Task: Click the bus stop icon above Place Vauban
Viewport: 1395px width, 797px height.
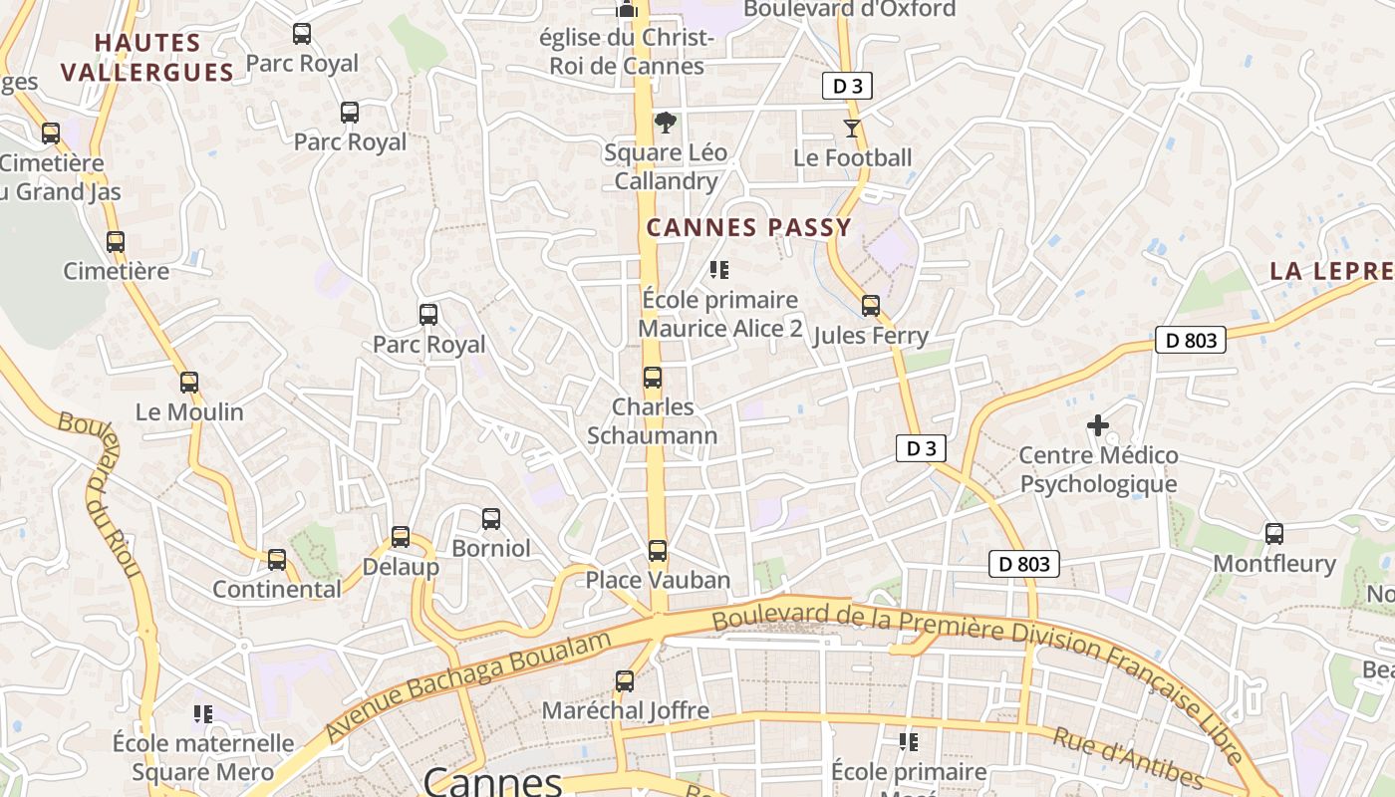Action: coord(658,550)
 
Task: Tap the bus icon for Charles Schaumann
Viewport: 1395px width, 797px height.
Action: coord(653,378)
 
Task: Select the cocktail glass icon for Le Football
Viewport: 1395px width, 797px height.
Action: coord(852,128)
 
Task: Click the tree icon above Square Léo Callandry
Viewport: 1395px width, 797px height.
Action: coord(665,123)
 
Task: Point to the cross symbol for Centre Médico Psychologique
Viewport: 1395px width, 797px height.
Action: coord(1098,425)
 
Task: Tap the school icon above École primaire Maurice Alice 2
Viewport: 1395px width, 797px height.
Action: coord(719,270)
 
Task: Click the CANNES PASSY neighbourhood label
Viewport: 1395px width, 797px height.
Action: coord(748,227)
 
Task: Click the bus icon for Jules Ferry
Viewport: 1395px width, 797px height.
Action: coord(871,306)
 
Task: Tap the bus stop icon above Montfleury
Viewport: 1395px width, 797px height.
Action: coord(1274,533)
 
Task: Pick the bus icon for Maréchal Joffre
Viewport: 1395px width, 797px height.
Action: coord(625,681)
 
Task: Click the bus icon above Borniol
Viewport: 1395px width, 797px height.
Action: coord(491,518)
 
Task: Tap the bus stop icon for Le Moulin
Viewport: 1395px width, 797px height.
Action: coord(189,382)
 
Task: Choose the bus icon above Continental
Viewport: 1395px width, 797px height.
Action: coord(277,559)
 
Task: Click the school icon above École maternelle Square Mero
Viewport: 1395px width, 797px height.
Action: coord(203,713)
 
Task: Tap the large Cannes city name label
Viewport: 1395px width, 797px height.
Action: coord(492,780)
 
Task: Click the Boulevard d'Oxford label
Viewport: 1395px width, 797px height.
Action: coord(849,9)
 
